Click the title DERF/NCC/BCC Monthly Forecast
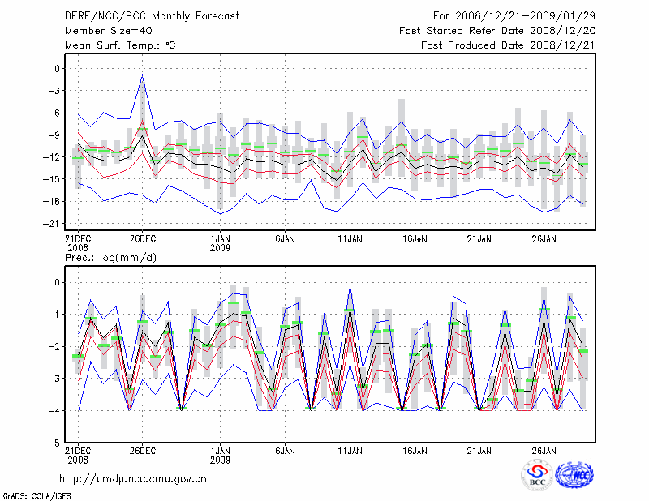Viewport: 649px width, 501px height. [152, 16]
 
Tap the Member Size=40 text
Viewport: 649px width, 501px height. [105, 31]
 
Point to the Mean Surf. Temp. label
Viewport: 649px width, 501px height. [119, 45]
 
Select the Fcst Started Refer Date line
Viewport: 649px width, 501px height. [497, 31]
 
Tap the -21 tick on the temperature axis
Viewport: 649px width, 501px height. [48, 223]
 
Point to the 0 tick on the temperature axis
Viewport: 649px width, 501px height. [52, 69]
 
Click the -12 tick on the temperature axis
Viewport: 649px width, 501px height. [48, 157]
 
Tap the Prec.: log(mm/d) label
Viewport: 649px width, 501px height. [111, 258]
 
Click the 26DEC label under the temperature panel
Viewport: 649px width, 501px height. [142, 239]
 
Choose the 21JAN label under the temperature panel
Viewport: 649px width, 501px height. [479, 239]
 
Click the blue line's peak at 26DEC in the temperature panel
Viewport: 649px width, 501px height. [143, 76]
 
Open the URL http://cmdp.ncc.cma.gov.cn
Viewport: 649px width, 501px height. [133, 478]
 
